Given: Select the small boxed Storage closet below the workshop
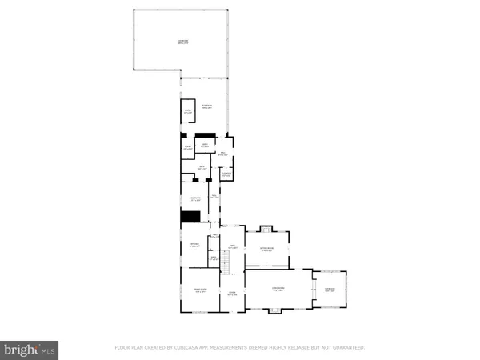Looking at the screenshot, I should [187, 112].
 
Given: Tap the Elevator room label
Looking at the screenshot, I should [226, 174].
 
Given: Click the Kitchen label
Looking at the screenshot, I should [194, 245].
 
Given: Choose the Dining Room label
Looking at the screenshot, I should [201, 290].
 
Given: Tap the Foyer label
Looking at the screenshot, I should [232, 294].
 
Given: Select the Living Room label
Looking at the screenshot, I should [278, 289].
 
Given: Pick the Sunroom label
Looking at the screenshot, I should [330, 290].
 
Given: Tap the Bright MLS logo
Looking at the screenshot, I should [30, 349].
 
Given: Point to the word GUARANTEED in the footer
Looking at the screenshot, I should [346, 348].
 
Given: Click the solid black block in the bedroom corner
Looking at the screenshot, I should [190, 217].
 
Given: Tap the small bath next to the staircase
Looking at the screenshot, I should [213, 258].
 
